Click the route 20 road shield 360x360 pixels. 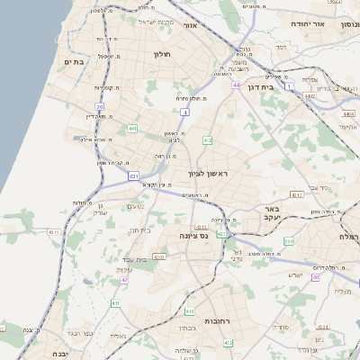point(101,106)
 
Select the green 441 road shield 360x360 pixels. point(132,129)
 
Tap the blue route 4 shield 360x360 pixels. point(185,112)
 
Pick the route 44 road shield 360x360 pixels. point(236,85)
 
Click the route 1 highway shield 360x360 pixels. point(289,85)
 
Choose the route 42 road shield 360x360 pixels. point(124,280)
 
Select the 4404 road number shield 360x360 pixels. point(348,114)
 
